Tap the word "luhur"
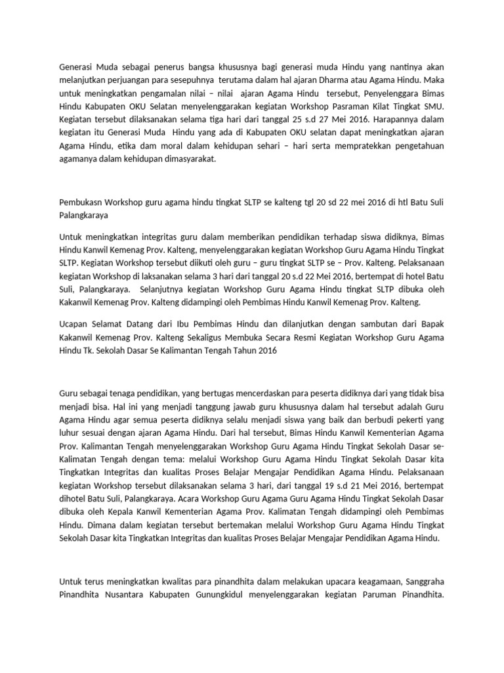70,433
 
